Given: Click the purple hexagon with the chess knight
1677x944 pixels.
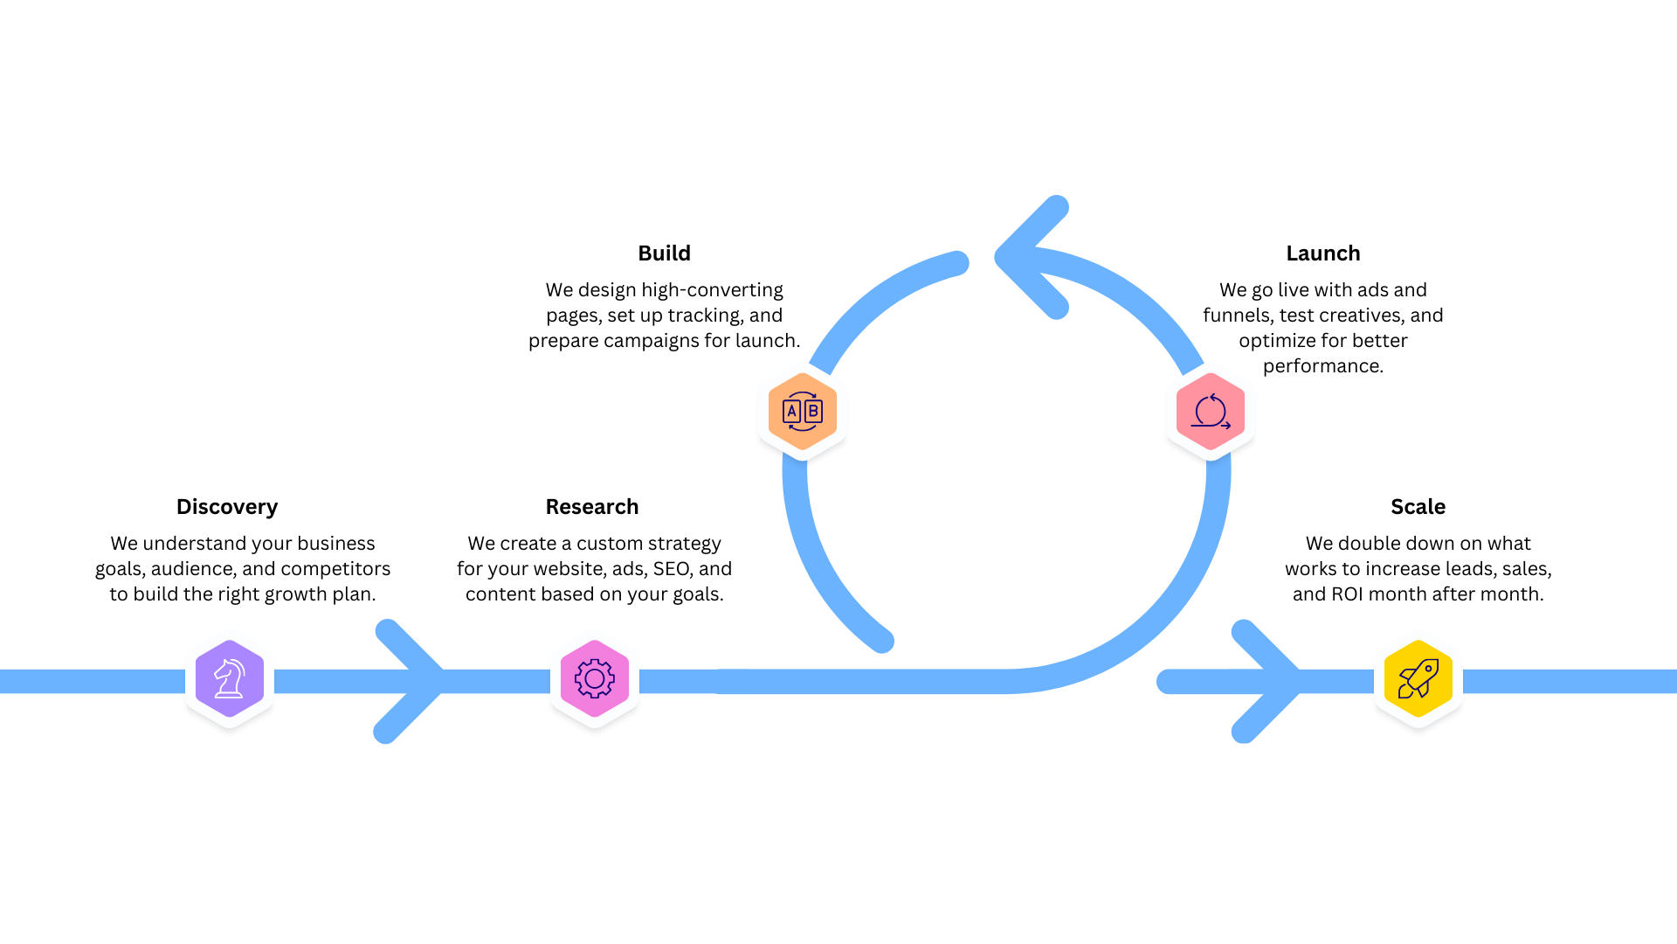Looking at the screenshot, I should pos(230,678).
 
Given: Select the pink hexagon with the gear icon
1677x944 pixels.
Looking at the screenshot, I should pos(595,678).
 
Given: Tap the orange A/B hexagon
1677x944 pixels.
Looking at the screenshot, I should pos(803,411).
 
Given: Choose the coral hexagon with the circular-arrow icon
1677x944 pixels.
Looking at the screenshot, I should pos(1211,411).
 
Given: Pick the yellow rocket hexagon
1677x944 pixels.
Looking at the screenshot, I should pos(1418,678).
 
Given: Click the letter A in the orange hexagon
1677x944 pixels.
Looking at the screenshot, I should pos(792,411).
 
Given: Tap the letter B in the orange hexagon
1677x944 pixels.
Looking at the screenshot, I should pos(813,411).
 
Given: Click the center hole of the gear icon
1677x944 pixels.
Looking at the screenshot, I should pos(595,678).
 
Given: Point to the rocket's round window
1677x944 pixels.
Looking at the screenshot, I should pos(1428,669).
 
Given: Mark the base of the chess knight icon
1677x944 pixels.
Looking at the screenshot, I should pos(229,695).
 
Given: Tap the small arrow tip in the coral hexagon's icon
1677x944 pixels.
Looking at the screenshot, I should pos(1228,426).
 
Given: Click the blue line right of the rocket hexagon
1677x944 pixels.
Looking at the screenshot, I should pos(1572,682).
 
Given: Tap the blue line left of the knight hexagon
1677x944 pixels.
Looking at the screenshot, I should pos(87,682).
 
